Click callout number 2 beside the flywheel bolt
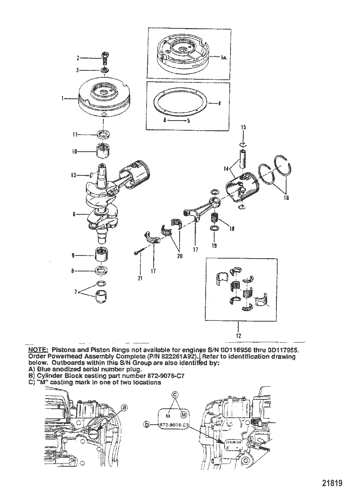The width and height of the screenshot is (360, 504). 78,58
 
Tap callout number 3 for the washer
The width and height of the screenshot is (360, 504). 78,70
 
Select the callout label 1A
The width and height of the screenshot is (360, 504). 224,58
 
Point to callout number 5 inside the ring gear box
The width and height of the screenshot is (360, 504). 189,121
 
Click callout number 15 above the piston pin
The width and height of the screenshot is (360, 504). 243,127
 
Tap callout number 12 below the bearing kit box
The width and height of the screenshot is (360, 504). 238,336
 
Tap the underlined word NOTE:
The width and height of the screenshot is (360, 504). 38,350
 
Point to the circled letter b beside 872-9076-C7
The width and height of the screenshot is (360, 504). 146,425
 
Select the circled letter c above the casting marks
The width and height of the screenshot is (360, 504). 175,395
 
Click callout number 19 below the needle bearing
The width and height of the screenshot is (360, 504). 215,245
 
